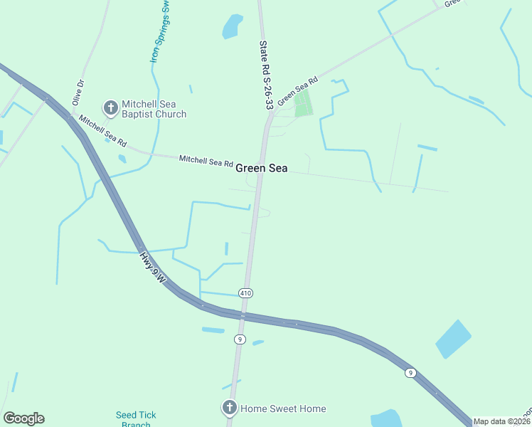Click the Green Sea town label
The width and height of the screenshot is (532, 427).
262,168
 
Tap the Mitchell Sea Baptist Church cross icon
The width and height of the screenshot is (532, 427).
110,107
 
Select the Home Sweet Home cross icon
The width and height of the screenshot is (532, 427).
229,408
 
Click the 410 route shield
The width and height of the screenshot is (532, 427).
246,293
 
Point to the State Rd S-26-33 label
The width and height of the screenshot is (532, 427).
265,74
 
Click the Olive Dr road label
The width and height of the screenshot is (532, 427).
78,93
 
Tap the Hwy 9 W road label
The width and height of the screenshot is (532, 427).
152,268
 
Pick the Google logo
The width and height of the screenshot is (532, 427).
23,418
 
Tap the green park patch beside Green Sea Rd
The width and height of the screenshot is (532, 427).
304,103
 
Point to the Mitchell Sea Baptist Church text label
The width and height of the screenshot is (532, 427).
154,108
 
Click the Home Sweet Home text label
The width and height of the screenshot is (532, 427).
283,408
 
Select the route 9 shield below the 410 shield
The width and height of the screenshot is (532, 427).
240,339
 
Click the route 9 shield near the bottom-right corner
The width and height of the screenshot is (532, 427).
410,373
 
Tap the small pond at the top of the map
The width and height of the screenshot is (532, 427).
233,26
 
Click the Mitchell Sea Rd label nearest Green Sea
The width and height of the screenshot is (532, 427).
206,161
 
